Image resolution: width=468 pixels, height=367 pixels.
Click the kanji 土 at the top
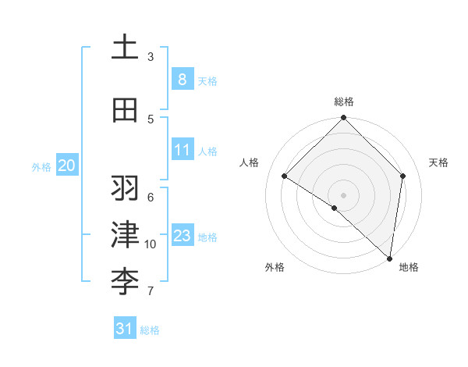(125, 47)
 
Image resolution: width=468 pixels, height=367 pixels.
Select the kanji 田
(125, 111)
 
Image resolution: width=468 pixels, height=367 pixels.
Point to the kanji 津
(125, 234)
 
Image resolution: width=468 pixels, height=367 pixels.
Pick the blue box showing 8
(182, 79)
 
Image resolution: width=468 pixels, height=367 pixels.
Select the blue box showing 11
(182, 150)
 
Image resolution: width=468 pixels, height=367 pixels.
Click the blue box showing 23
(182, 236)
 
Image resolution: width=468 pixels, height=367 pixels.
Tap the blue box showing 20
(66, 165)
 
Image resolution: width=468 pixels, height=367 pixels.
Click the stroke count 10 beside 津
(151, 244)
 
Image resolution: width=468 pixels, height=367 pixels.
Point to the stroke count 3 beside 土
(151, 56)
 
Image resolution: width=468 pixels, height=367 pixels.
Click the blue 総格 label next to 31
(150, 330)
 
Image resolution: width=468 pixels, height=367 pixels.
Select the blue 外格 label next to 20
(41, 166)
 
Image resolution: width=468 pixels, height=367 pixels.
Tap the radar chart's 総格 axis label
(343, 102)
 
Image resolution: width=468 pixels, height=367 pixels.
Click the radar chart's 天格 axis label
(438, 162)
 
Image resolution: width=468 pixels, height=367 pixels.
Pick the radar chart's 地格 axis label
(409, 267)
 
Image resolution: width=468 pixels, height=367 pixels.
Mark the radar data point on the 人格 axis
(285, 176)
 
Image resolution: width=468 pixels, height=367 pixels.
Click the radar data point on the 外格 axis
(335, 208)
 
